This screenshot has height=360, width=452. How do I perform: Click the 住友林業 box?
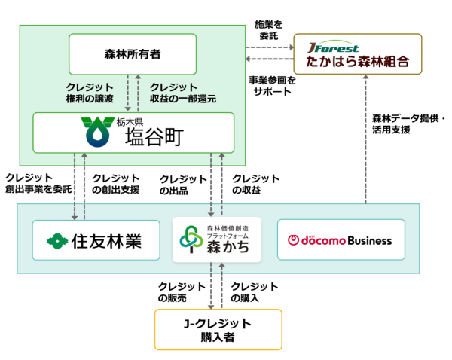coord(96,240)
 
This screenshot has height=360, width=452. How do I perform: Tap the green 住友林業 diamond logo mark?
coord(56,241)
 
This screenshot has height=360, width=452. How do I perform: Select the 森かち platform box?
coord(217,239)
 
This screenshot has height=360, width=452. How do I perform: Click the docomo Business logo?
coord(341,240)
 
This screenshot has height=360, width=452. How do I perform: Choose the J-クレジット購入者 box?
coord(218,330)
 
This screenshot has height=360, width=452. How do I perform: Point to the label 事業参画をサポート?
coord(270,85)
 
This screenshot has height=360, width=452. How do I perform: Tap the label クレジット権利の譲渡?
coord(90,93)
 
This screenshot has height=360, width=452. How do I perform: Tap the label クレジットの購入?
coord(255,293)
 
